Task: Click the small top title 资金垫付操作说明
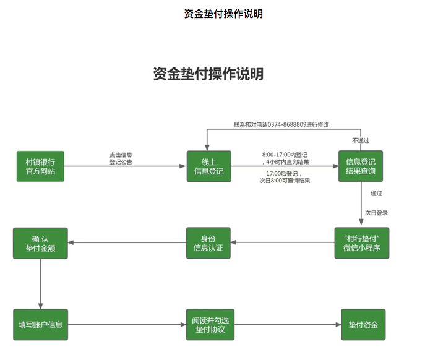[x=223, y=14]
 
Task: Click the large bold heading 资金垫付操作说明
[x=208, y=74]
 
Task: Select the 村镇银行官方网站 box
[x=40, y=166]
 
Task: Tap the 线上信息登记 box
[x=208, y=166]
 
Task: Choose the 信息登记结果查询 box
[x=360, y=166]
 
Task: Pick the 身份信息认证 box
[x=208, y=243]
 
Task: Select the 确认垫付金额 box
[x=40, y=243]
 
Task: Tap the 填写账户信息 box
[x=40, y=324]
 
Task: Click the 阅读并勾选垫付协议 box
[x=208, y=324]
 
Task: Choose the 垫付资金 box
[x=363, y=324]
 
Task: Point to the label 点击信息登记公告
[x=121, y=158]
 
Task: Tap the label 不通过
[x=361, y=140]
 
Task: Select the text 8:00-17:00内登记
[x=285, y=154]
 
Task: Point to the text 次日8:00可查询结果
[x=285, y=181]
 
